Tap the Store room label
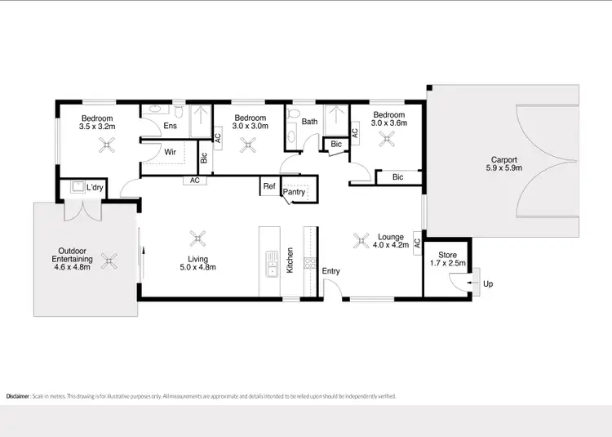(447, 256)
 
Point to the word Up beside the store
(489, 284)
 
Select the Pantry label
(294, 193)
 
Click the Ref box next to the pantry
(269, 186)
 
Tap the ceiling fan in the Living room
(197, 239)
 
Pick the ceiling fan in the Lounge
(361, 239)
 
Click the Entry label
(330, 271)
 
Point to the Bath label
(309, 123)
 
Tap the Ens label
(170, 126)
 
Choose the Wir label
(171, 152)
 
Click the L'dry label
(95, 188)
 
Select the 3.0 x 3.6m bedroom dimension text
(389, 123)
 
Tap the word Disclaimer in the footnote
(17, 396)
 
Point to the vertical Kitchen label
(290, 260)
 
